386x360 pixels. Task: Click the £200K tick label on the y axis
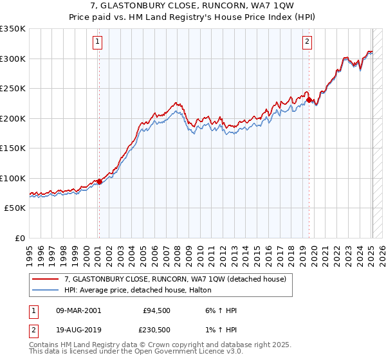pyautogui.click(x=13, y=118)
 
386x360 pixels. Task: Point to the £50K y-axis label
pyautogui.click(x=15, y=208)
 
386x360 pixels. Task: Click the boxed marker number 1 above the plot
pyautogui.click(x=98, y=42)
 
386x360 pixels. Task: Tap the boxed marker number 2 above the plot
pyautogui.click(x=308, y=42)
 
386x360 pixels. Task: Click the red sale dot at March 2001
pyautogui.click(x=99, y=182)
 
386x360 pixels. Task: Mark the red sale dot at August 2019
pyautogui.click(x=309, y=100)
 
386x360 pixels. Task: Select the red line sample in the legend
pyautogui.click(x=45, y=279)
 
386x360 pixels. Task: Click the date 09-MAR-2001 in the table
pyautogui.click(x=78, y=310)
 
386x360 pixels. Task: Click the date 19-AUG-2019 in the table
pyautogui.click(x=78, y=330)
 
